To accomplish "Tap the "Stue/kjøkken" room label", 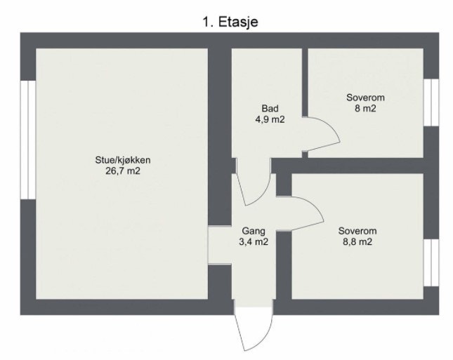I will (123, 160).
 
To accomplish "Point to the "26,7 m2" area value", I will (123, 171).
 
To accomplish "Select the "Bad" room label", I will (270, 109).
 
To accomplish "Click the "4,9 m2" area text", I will (270, 119).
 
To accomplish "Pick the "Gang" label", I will (253, 231).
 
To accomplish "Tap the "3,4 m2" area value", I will (253, 241).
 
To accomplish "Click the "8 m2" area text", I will (365, 109).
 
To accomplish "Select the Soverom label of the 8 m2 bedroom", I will (365, 98).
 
